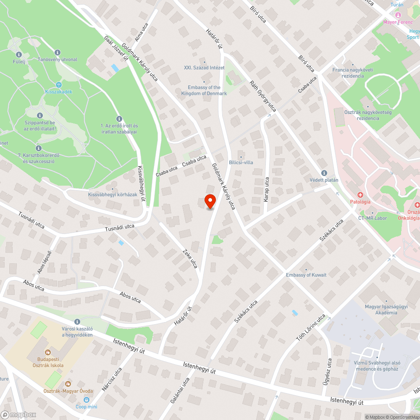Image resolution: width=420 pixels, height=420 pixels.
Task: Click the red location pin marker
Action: coord(210,201)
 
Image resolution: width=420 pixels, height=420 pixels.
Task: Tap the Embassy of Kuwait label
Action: coord(306,275)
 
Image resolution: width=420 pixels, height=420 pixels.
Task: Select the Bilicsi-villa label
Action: coord(241,162)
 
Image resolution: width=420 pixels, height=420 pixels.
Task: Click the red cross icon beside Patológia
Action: coord(360,195)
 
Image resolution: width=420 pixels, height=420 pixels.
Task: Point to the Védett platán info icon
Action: coord(324,173)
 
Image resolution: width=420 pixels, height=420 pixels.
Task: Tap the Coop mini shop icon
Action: coord(87,400)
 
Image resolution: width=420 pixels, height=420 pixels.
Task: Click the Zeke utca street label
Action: coord(190,259)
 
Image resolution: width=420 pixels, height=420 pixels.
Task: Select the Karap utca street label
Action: coord(266,189)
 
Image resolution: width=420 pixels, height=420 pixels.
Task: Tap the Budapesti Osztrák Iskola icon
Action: coord(47,352)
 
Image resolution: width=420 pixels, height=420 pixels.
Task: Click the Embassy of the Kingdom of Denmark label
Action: coord(204,90)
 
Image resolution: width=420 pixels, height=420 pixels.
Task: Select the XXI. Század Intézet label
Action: coord(204,68)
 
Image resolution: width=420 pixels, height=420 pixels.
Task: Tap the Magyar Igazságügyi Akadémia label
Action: coord(381,310)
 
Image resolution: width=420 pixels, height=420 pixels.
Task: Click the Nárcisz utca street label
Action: coord(112,379)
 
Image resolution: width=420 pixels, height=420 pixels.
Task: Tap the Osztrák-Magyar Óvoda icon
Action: coord(68,383)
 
